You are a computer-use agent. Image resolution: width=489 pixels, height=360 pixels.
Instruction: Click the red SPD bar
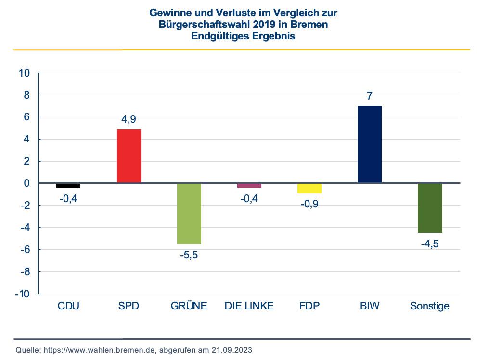click(x=129, y=156)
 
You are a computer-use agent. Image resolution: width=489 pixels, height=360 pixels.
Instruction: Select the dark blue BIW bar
click(x=369, y=144)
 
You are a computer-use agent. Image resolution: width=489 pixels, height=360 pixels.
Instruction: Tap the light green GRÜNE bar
click(x=189, y=213)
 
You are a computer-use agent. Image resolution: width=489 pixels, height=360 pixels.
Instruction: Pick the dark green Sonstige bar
click(x=430, y=208)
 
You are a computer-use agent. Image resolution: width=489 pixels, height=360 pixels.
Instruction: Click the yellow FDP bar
click(x=309, y=188)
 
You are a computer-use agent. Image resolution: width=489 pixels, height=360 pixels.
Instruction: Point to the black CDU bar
click(x=68, y=185)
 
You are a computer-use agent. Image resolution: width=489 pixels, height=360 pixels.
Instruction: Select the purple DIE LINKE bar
click(x=249, y=185)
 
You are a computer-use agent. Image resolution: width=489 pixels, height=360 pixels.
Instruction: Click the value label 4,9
click(x=129, y=119)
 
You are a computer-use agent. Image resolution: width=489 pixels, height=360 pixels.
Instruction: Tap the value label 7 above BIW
click(x=369, y=96)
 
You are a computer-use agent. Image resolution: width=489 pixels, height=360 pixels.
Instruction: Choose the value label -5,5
click(x=189, y=255)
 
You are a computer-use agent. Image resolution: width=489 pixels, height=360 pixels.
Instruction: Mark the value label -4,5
click(x=429, y=244)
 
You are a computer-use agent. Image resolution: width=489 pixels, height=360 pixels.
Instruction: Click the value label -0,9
click(x=309, y=204)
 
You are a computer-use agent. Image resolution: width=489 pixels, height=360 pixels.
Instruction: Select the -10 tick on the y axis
click(x=23, y=294)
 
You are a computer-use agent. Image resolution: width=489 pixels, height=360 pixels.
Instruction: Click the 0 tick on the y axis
click(x=27, y=183)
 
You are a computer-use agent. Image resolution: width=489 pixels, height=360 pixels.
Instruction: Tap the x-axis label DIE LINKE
click(x=249, y=306)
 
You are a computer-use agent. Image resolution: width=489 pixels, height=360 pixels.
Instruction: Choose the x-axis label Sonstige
click(x=429, y=306)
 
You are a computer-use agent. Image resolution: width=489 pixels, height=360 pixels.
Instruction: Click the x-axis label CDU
click(x=68, y=306)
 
